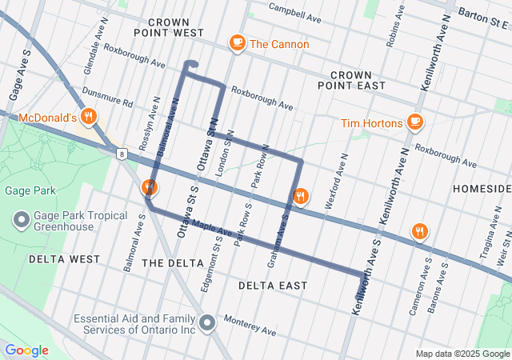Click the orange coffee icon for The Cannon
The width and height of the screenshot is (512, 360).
click(237, 43)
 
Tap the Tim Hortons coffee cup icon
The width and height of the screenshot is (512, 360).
click(414, 122)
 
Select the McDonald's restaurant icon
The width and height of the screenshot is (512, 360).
click(89, 117)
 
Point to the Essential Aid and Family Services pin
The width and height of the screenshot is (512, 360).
click(207, 323)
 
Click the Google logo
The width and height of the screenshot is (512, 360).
click(26, 350)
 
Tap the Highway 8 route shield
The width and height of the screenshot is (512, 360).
click(120, 153)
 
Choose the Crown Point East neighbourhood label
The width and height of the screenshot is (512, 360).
click(351, 79)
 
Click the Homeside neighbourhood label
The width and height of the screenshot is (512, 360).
click(481, 188)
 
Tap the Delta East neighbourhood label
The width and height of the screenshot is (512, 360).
click(273, 285)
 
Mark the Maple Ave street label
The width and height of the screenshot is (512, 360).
click(211, 229)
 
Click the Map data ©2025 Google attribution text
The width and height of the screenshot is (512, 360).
click(462, 354)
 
